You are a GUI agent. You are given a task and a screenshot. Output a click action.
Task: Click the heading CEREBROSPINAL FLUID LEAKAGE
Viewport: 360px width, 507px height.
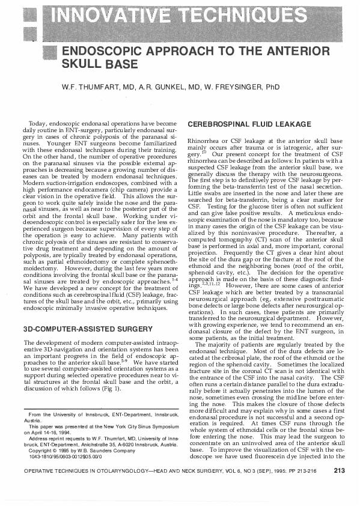[249, 124]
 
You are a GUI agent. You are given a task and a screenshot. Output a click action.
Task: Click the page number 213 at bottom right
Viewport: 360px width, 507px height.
[339, 488]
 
